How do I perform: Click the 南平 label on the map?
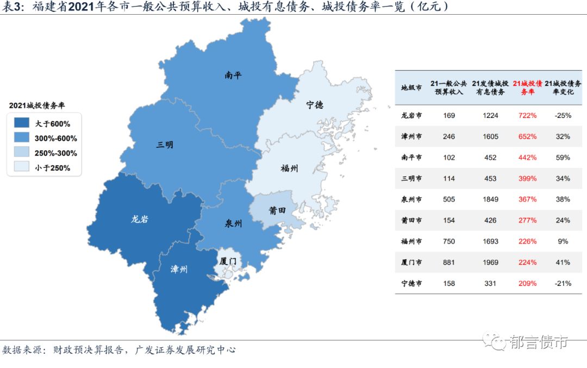pos(233,76)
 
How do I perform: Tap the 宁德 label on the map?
pos(314,104)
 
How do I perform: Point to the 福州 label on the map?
pos(289,168)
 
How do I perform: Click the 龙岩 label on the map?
pos(140,219)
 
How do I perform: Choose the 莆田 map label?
pos(277,210)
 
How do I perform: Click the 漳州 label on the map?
pos(179,269)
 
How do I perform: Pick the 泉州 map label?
pos(233,223)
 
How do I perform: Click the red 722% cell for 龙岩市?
pos(527,116)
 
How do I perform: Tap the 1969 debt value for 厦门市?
pos(490,263)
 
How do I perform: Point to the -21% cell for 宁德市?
pos(562,284)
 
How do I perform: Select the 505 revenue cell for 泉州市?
pos(449,199)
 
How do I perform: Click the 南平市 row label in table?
pos(411,158)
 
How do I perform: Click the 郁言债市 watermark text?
pos(539,342)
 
